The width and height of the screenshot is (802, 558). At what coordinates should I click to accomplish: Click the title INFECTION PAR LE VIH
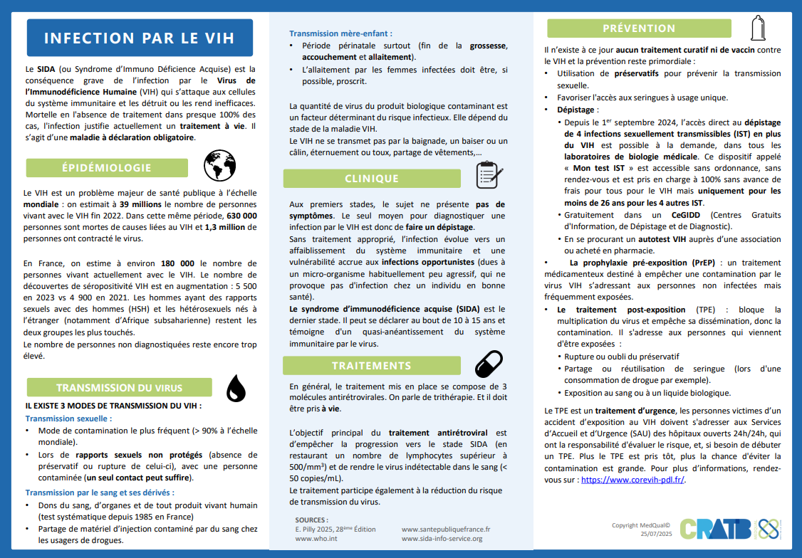coord(140,38)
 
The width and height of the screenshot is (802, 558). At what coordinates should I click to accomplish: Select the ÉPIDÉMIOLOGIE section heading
coord(107,168)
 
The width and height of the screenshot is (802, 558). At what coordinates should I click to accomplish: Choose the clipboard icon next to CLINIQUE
coord(489,175)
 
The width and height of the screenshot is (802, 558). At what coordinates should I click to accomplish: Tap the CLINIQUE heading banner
coord(372,179)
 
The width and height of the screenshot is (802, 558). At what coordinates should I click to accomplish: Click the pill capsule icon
coord(489,364)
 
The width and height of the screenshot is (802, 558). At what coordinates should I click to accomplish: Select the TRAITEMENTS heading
coord(371,366)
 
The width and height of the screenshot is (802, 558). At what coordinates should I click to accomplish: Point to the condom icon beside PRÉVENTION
coord(758,27)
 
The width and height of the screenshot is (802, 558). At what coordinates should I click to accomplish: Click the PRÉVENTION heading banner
coord(639,28)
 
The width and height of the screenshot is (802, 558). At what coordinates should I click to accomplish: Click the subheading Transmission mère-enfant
coord(340,33)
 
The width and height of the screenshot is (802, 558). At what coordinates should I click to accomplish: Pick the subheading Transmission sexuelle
coord(68,418)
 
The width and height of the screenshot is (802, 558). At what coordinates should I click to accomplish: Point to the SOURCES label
coord(311,520)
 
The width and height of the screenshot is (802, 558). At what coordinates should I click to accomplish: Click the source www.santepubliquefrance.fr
coord(446,530)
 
